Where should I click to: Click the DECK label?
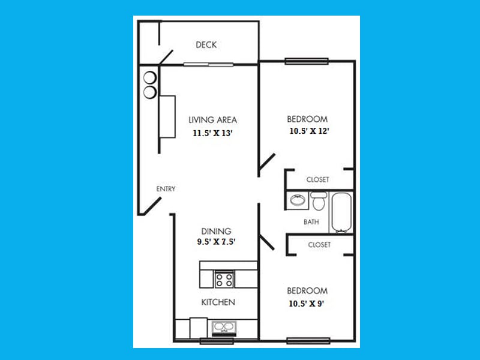pyautogui.click(x=206, y=45)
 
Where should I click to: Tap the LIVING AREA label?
pyautogui.click(x=212, y=120)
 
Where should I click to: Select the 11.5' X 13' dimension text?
pyautogui.click(x=212, y=134)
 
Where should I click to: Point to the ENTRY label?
pyautogui.click(x=166, y=189)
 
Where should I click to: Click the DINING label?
pyautogui.click(x=216, y=231)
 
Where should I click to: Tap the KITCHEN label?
pyautogui.click(x=218, y=302)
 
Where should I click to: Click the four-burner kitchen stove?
pyautogui.click(x=224, y=279)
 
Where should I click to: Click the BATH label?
pyautogui.click(x=311, y=222)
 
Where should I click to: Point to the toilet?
pyautogui.click(x=318, y=200)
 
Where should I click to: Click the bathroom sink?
pyautogui.click(x=296, y=200)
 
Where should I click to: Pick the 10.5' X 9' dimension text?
pyautogui.click(x=307, y=304)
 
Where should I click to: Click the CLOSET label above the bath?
pyautogui.click(x=317, y=179)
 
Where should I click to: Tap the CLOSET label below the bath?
pyautogui.click(x=319, y=245)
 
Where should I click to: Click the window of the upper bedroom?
pyautogui.click(x=307, y=60)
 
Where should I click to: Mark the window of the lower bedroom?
pyautogui.click(x=308, y=341)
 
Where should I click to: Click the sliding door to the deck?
pyautogui.click(x=208, y=64)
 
